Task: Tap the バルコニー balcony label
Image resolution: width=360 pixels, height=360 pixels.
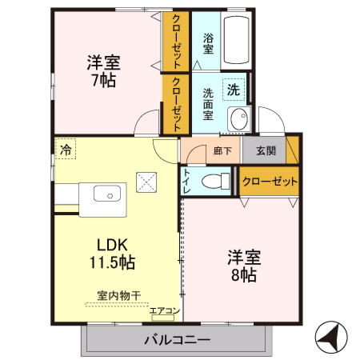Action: click(x=177, y=339)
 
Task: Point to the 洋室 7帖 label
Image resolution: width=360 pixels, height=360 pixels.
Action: click(x=104, y=70)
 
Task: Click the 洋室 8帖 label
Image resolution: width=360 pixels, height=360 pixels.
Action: click(x=243, y=266)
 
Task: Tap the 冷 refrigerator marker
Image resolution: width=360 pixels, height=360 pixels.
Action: click(x=66, y=149)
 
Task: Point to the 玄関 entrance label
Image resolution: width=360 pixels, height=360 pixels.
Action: click(x=266, y=150)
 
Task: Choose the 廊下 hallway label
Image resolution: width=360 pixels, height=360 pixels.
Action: click(x=222, y=150)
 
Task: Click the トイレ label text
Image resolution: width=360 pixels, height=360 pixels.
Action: click(x=186, y=182)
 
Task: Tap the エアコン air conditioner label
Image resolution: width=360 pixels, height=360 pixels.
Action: click(x=164, y=310)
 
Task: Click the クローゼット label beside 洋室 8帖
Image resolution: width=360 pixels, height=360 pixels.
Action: click(x=269, y=181)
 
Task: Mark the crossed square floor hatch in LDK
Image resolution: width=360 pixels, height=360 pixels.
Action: click(x=147, y=182)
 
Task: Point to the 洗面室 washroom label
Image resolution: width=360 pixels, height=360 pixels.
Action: click(x=207, y=103)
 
